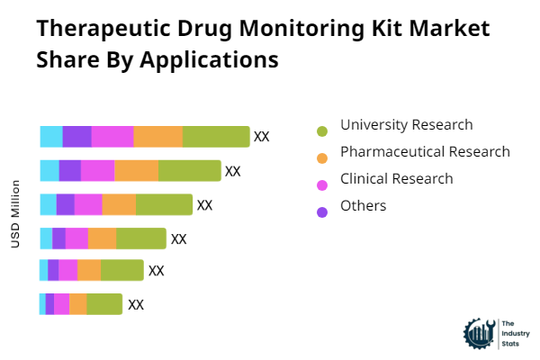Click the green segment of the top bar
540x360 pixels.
(216, 137)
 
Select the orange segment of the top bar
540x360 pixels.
(158, 137)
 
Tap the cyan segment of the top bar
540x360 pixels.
(51, 137)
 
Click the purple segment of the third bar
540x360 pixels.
(66, 205)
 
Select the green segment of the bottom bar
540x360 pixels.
(104, 304)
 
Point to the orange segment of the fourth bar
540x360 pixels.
(102, 238)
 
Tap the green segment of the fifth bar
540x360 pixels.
(122, 270)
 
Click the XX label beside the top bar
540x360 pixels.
(262, 137)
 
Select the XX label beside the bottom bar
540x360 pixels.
(136, 305)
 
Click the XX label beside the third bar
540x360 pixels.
(205, 205)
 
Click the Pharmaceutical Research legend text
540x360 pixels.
(425, 152)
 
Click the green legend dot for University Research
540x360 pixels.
(322, 131)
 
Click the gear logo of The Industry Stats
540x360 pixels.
(478, 333)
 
